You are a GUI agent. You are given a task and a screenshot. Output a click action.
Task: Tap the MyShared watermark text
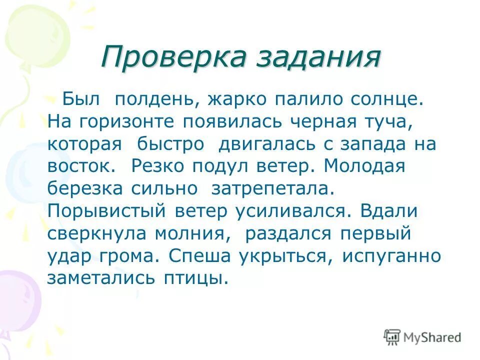pos(432,337)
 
